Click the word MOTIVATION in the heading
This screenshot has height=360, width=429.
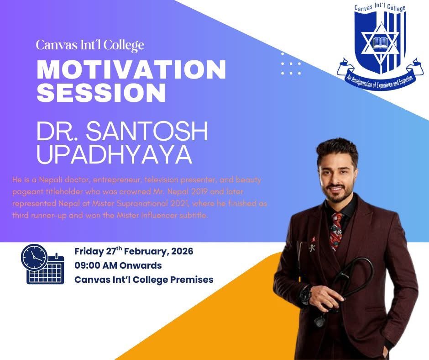(x=131, y=70)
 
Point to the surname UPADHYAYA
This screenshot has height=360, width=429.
(x=114, y=155)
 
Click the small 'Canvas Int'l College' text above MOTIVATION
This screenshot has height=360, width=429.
(x=90, y=45)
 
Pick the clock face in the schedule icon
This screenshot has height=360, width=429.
(x=34, y=257)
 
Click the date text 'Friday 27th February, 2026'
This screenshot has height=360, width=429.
(x=133, y=251)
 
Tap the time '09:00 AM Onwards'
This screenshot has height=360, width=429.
(x=118, y=265)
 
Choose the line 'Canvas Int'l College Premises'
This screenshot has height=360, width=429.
(x=143, y=279)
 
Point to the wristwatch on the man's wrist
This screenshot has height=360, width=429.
(x=305, y=296)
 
